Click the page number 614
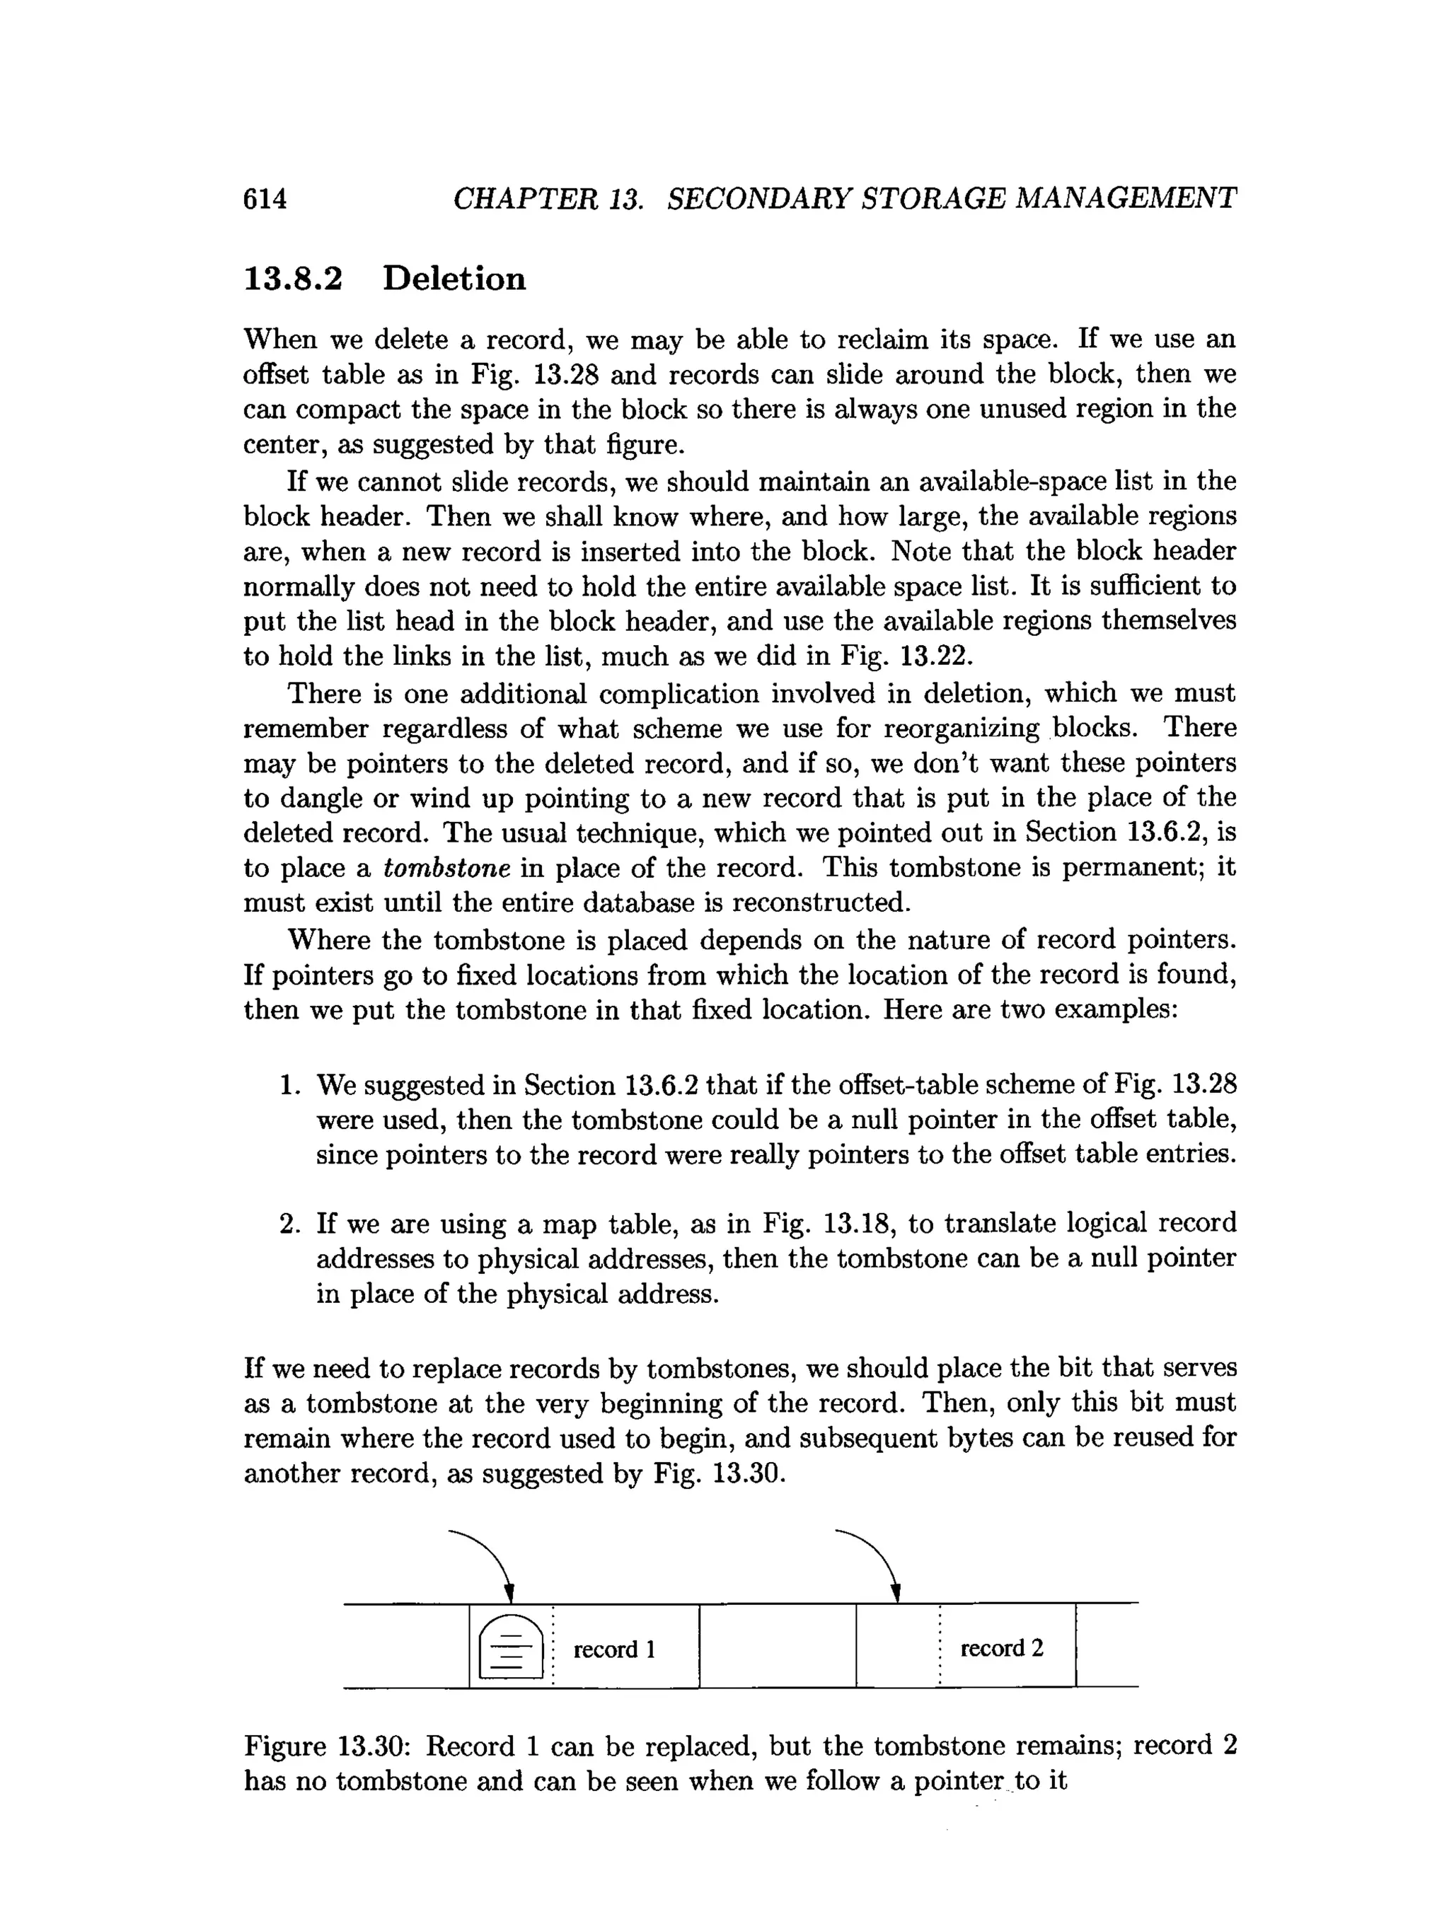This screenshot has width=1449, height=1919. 265,199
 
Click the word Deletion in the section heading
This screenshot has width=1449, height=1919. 454,279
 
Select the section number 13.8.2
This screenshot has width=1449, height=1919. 294,279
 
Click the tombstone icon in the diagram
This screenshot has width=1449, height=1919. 510,1647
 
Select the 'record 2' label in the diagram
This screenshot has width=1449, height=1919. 1001,1647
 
